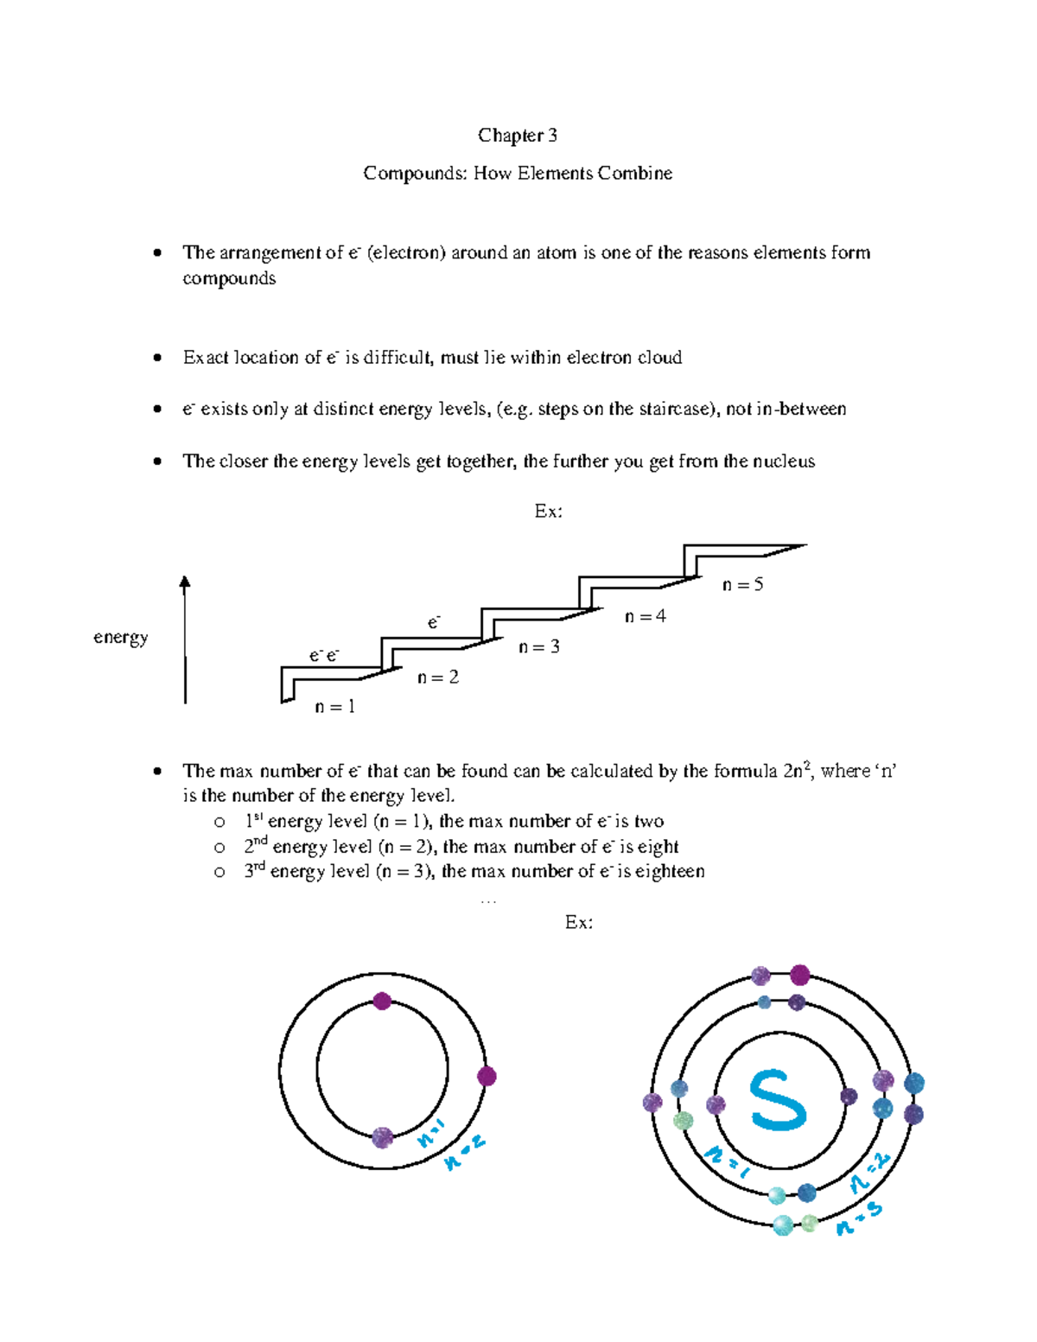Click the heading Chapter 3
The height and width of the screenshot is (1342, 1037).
coord(517,136)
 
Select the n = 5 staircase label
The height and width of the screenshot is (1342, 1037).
coord(742,585)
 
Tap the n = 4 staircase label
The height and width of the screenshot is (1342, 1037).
coord(645,616)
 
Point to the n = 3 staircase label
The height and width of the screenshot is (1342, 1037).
coord(538,646)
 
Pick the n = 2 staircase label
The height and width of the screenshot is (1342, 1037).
coord(437,677)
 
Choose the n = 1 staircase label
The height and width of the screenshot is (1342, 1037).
coord(334,707)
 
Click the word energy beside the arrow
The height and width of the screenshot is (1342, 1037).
coord(120,638)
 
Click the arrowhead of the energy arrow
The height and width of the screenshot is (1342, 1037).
coord(184,583)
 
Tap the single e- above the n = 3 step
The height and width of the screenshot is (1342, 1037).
coord(434,622)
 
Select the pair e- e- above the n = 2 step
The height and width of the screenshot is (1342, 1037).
coord(324,656)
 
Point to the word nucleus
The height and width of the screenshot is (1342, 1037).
coord(782,461)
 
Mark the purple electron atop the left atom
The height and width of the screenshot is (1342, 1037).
coord(382,1002)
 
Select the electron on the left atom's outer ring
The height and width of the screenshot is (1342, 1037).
coord(487,1076)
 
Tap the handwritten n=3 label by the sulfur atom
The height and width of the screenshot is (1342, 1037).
coord(858,1218)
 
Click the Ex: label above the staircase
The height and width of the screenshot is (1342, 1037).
coord(548,512)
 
